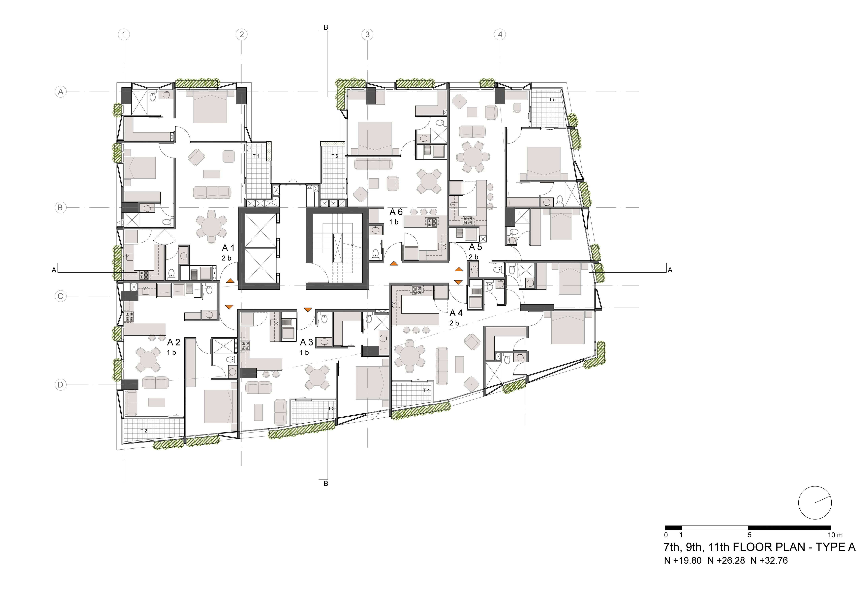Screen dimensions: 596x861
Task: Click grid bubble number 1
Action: coord(124,35)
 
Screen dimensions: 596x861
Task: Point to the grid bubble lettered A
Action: coord(61,92)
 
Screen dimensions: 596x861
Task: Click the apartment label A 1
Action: coord(228,248)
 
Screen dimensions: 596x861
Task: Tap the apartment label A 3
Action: coord(306,342)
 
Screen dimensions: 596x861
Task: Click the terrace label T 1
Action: coord(256,156)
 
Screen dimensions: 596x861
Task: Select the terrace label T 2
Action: coord(144,431)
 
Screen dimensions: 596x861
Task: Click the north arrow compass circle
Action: coord(815,503)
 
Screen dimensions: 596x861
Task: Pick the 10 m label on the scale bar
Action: coord(835,535)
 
